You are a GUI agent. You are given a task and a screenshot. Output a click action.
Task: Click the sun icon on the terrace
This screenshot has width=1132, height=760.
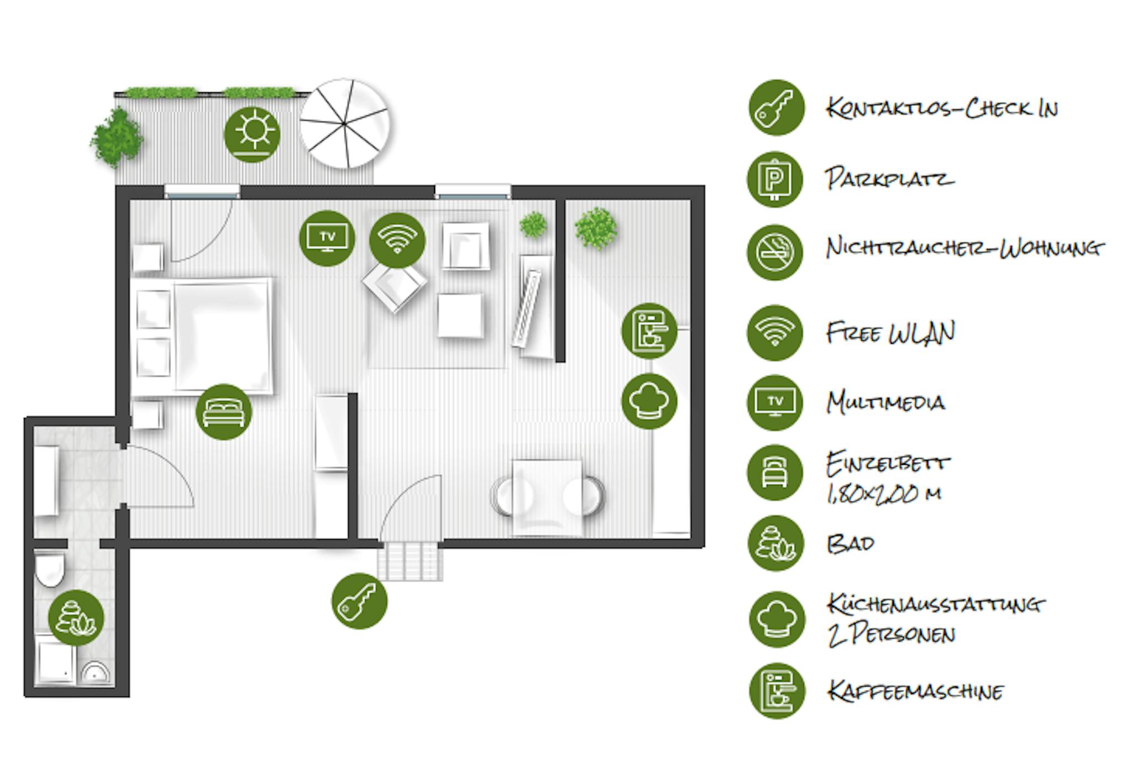click(x=252, y=134)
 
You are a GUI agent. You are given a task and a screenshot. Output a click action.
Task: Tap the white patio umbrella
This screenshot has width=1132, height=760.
click(x=344, y=124)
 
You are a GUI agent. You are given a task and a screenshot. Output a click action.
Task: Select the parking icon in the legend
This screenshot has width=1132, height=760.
click(x=774, y=180)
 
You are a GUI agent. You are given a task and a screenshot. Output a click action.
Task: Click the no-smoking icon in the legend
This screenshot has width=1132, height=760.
click(x=774, y=252)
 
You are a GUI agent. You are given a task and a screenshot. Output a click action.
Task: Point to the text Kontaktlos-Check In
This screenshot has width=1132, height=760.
click(x=942, y=108)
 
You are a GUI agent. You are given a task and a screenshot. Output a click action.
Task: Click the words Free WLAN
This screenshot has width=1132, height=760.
click(x=890, y=333)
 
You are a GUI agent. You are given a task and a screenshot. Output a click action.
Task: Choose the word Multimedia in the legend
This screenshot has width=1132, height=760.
click(x=885, y=402)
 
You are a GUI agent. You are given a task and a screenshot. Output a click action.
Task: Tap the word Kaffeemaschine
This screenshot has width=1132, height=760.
click(x=915, y=691)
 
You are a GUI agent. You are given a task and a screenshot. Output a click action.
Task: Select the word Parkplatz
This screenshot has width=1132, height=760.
click(x=889, y=179)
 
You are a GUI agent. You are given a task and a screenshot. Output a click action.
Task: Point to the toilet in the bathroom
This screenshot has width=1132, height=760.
click(x=50, y=570)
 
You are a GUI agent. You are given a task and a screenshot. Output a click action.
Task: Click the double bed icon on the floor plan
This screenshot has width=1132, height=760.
click(x=223, y=412)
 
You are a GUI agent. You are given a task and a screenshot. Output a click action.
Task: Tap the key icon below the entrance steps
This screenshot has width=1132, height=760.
click(x=359, y=601)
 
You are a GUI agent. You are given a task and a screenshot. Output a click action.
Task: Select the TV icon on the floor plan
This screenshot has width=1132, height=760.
click(x=327, y=238)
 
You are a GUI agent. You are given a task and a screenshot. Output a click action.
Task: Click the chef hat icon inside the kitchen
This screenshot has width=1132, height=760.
click(x=649, y=401)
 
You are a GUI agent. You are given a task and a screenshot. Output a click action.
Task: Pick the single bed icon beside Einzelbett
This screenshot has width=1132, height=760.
click(x=774, y=473)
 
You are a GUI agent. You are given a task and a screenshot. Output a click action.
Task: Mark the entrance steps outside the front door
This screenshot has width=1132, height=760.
click(x=410, y=560)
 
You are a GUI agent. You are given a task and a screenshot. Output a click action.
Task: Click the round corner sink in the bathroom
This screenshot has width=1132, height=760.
click(x=96, y=672)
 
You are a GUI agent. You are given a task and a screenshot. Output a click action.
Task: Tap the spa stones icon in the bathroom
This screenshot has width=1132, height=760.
click(x=76, y=617)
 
